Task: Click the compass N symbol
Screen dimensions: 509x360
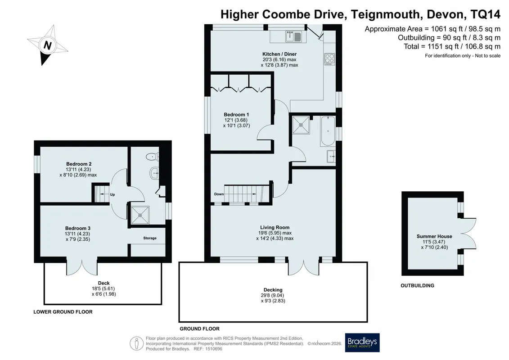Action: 47,45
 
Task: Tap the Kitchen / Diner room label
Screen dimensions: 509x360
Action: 279,54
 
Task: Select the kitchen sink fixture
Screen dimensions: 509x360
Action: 294,36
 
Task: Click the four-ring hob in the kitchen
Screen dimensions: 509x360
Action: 329,59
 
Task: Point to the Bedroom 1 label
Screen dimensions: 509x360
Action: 236,114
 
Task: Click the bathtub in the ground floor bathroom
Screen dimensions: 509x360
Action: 328,131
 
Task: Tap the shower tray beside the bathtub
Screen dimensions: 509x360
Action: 301,125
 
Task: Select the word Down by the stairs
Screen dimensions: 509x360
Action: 219,194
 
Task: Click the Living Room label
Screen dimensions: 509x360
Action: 275,227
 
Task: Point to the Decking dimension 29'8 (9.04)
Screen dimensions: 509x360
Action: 273,295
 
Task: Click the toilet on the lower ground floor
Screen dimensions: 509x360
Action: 152,157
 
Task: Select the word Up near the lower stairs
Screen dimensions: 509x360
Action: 113,194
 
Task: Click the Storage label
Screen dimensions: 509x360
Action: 150,238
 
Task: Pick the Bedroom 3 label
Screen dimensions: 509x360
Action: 77,228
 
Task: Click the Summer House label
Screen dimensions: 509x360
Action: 434,236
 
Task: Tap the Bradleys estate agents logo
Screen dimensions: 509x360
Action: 362,342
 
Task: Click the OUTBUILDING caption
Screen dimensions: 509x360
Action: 417,285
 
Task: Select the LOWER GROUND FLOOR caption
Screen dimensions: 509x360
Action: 63,312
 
